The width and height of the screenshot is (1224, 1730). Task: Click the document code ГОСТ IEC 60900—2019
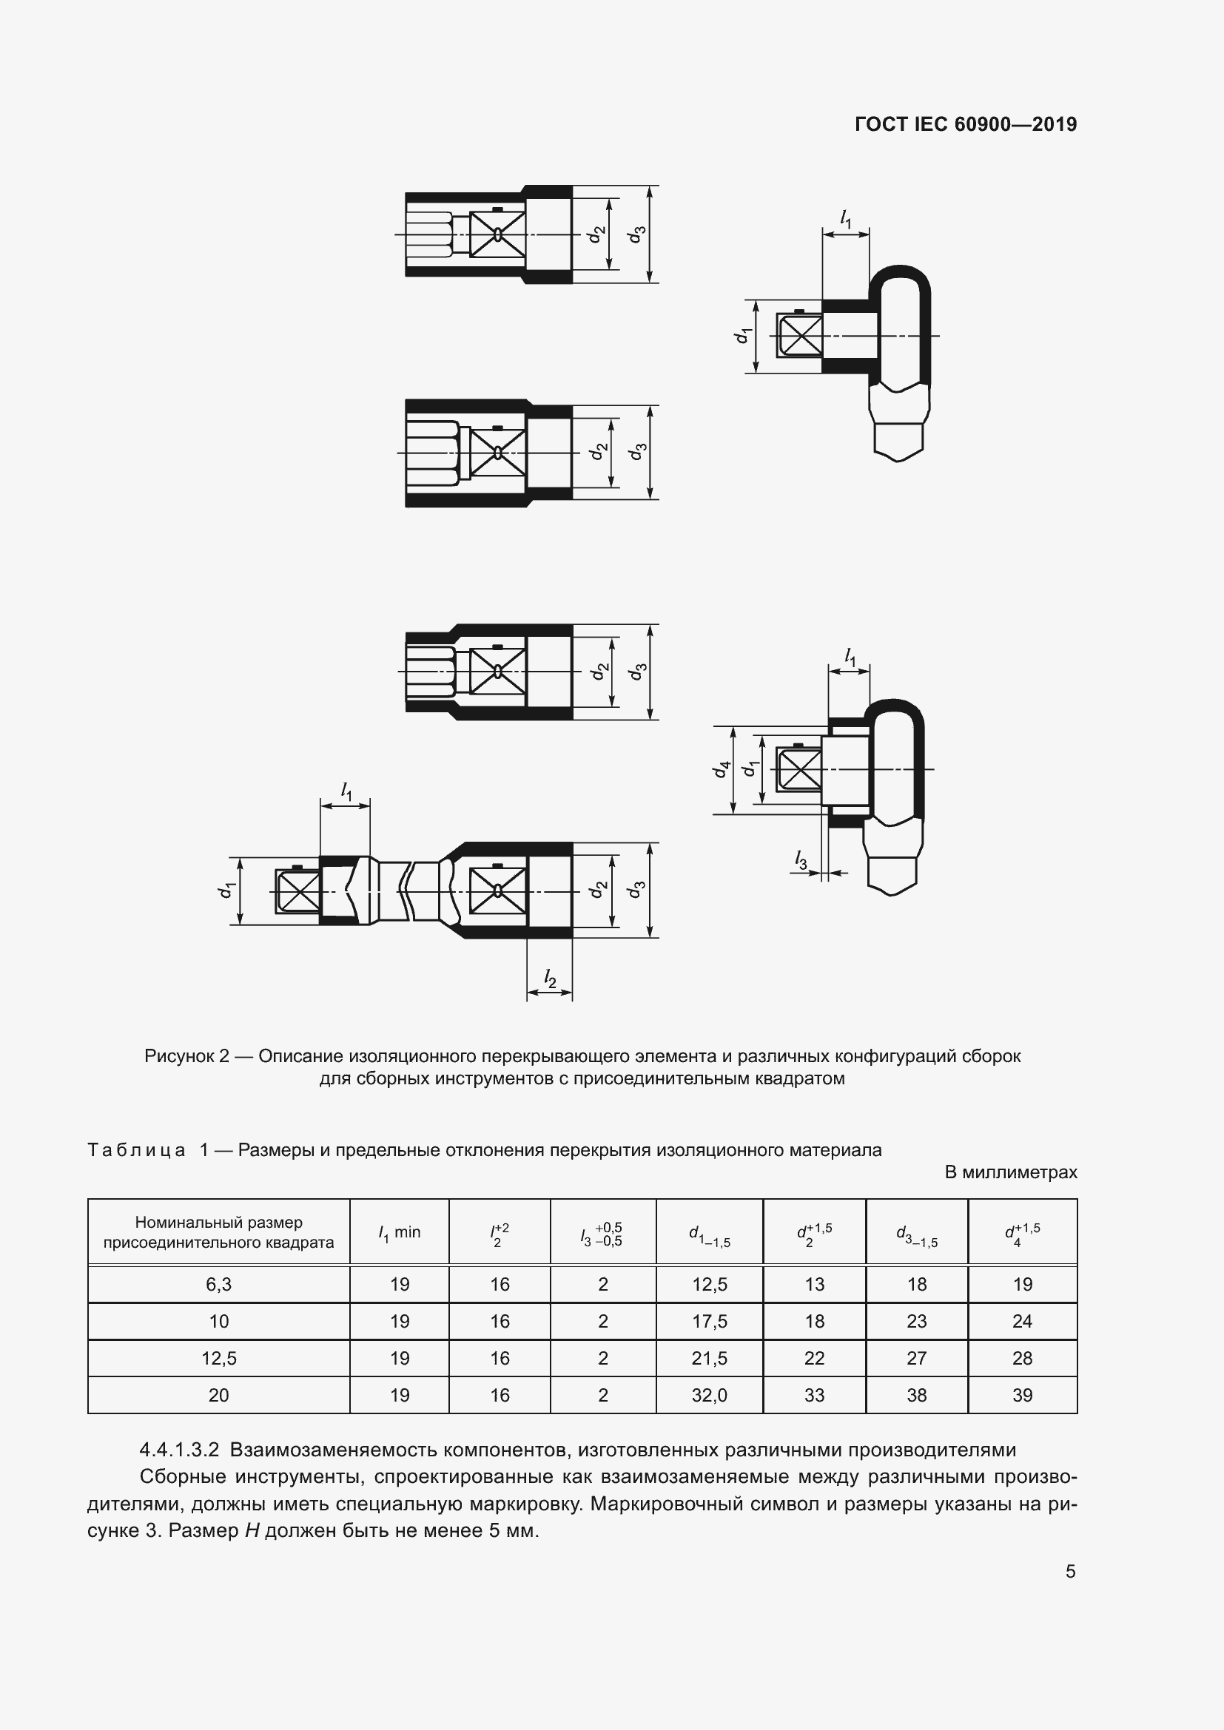pyautogui.click(x=966, y=124)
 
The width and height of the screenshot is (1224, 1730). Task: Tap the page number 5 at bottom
pyautogui.click(x=1070, y=1571)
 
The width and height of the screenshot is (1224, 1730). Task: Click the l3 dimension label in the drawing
pyautogui.click(x=801, y=859)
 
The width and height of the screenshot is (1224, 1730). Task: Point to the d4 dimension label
pyautogui.click(x=722, y=769)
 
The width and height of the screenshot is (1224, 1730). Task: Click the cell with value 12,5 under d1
pyautogui.click(x=709, y=1285)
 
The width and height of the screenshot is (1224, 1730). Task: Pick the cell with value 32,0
pyautogui.click(x=709, y=1396)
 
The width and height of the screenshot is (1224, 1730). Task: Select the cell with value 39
pyautogui.click(x=1022, y=1396)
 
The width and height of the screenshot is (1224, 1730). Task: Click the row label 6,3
pyautogui.click(x=218, y=1285)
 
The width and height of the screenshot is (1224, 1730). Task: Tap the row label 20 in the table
pyautogui.click(x=218, y=1396)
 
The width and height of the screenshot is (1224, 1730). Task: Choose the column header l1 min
pyautogui.click(x=400, y=1233)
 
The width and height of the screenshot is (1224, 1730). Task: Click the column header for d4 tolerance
pyautogui.click(x=1022, y=1234)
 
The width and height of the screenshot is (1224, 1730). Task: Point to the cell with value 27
pyautogui.click(x=916, y=1359)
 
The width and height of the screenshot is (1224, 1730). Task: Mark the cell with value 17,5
pyautogui.click(x=709, y=1322)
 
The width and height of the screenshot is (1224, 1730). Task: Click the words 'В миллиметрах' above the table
pyautogui.click(x=1011, y=1172)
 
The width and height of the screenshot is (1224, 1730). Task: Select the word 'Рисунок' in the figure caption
pyautogui.click(x=179, y=1056)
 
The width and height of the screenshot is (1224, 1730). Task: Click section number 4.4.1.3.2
pyautogui.click(x=179, y=1450)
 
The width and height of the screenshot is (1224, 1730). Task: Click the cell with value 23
pyautogui.click(x=916, y=1322)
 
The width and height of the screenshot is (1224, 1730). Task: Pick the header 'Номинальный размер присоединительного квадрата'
pyautogui.click(x=218, y=1233)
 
